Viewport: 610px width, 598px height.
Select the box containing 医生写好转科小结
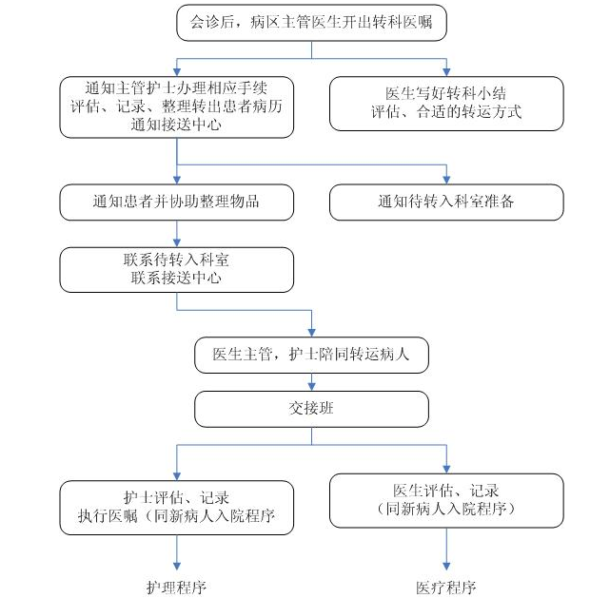[446, 103]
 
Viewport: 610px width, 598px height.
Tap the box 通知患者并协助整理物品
[176, 202]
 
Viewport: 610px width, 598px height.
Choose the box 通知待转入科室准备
[446, 202]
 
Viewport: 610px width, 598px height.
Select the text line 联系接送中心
[176, 278]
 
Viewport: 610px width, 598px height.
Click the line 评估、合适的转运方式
[446, 112]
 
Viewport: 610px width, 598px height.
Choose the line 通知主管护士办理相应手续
[176, 88]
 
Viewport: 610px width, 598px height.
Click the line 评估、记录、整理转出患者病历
[176, 106]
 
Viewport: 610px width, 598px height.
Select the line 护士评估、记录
[176, 497]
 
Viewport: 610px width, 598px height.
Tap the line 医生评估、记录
[446, 491]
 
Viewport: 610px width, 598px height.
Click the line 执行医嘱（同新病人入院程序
[176, 516]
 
